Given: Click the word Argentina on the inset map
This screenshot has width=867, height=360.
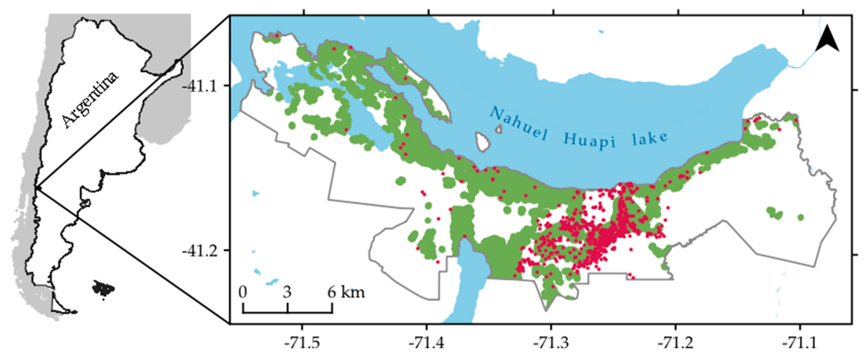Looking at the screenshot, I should coord(90,100).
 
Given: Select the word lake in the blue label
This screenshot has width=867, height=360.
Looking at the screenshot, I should coord(649,138).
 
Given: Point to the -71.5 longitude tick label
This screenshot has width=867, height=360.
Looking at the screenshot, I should coord(302,343).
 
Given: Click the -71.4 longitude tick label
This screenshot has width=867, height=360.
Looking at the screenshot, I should coord(426,343).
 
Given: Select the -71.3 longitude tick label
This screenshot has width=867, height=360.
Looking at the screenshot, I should coord(551,343).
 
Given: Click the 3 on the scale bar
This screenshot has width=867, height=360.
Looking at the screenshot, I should coord(287,292).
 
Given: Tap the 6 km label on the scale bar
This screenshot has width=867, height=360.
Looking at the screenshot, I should coord(346,292).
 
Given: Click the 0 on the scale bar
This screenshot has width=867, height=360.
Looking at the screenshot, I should coord(243,292).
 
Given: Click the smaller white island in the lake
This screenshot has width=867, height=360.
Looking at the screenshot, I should coord(499,129).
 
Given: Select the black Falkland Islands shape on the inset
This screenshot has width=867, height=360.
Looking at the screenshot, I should coord(103,289).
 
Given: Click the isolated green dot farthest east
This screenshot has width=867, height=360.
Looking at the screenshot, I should coord(801,218).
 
